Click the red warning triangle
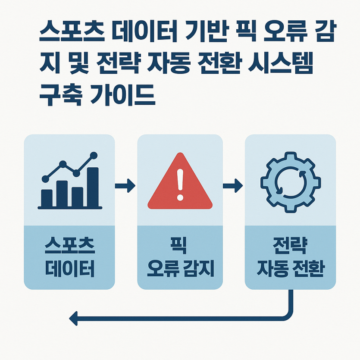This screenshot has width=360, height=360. click(180, 181)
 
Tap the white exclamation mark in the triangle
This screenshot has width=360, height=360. click(180, 185)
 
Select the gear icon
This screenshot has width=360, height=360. click(291, 182)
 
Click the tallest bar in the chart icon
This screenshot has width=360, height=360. click(93, 187)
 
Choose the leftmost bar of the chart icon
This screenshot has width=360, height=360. click(47, 198)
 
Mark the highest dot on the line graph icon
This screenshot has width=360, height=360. click(94, 156)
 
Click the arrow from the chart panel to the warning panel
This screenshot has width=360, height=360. click(125, 185)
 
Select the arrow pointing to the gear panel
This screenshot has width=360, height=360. click(232, 185)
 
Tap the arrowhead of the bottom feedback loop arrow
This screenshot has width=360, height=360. click(73, 319)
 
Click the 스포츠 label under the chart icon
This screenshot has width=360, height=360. click(69, 246)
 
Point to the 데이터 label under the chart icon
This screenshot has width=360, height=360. click(69, 269)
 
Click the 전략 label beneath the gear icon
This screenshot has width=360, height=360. click(290, 246)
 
